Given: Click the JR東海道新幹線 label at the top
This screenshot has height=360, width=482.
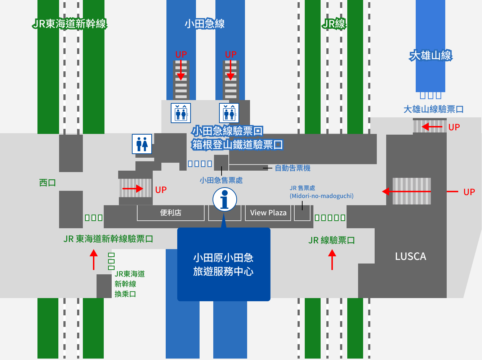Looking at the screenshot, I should pyautogui.click(x=70, y=24).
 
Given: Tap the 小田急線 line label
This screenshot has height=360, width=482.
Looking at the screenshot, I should pyautogui.click(x=205, y=24).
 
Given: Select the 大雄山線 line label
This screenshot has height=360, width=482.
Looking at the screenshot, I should pyautogui.click(x=430, y=55).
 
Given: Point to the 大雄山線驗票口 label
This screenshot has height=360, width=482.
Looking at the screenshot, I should pyautogui.click(x=433, y=109).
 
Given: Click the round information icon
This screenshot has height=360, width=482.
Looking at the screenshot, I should pyautogui.click(x=224, y=199).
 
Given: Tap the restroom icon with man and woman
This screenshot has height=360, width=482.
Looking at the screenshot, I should pyautogui.click(x=142, y=144).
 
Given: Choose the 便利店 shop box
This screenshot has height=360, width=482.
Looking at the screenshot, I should pyautogui.click(x=171, y=213).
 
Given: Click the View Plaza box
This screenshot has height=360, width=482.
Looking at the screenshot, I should pyautogui.click(x=268, y=213).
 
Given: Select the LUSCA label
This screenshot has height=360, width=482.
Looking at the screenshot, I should pyautogui.click(x=410, y=256).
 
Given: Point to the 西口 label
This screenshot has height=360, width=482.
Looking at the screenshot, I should pyautogui.click(x=48, y=183).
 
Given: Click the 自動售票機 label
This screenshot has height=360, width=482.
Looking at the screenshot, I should pyautogui.click(x=293, y=168).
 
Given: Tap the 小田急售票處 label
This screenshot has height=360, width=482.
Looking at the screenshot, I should pyautogui.click(x=221, y=180).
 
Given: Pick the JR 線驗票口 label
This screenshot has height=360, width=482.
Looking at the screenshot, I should pyautogui.click(x=332, y=240).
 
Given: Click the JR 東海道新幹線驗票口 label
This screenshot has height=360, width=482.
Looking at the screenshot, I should pyautogui.click(x=108, y=239).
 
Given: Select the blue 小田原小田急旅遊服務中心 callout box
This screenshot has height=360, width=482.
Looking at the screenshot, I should pyautogui.click(x=224, y=265).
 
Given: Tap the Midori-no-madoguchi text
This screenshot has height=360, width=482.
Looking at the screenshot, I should pyautogui.click(x=322, y=196).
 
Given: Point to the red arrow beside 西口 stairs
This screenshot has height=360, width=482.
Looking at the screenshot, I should pyautogui.click(x=133, y=189).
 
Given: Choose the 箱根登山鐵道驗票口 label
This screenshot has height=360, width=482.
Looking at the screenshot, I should pyautogui.click(x=237, y=145).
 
